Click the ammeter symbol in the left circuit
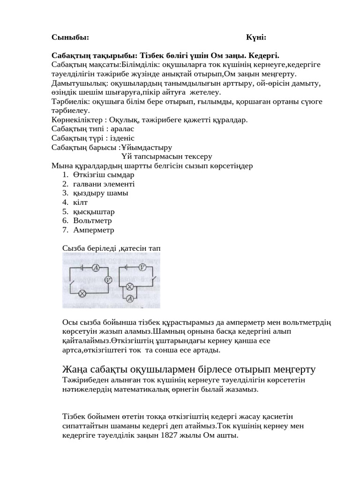(95, 267)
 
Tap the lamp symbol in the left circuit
(82, 294)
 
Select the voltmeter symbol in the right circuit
(143, 267)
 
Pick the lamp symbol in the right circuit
(131, 286)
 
